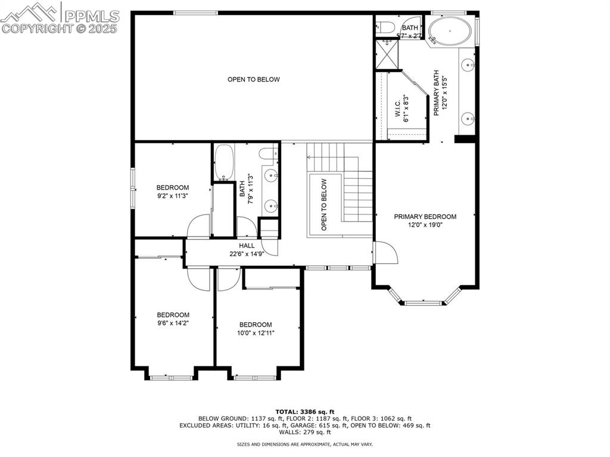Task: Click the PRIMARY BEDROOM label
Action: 425,217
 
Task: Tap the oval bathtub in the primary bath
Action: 450,30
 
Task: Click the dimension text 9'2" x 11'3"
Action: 173,195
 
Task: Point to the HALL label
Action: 247,245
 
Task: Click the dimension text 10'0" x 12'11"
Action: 256,333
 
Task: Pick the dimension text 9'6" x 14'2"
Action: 173,323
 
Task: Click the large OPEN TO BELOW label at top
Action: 253,79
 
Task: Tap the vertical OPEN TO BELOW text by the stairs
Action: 324,204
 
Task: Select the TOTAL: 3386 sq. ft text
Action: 304,412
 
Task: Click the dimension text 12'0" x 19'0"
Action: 425,225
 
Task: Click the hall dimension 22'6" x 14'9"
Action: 247,253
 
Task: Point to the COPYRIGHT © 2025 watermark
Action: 60,28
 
